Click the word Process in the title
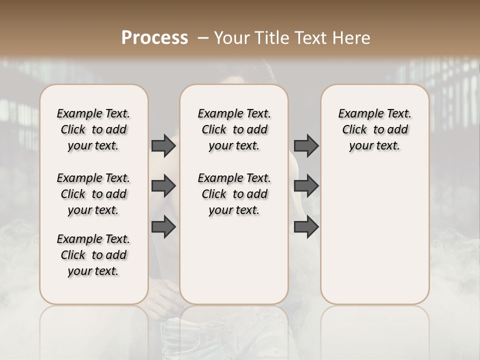click(154, 38)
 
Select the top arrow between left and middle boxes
click(163, 145)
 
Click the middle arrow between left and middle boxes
click(163, 186)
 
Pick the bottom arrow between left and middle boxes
click(163, 227)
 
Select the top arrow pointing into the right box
click(306, 145)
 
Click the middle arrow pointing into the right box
click(306, 186)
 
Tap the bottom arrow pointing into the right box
click(306, 227)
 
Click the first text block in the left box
click(93, 129)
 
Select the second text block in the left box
click(93, 194)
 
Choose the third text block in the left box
click(93, 255)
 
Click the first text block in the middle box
click(234, 129)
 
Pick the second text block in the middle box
click(234, 194)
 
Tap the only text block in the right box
click(374, 129)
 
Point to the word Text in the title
click(312, 38)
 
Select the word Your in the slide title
click(231, 38)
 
